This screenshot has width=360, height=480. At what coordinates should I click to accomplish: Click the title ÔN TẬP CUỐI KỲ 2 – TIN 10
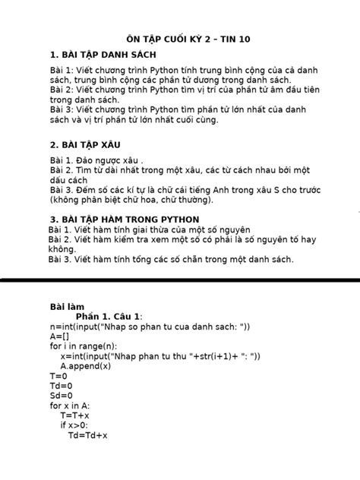pyautogui.click(x=180, y=39)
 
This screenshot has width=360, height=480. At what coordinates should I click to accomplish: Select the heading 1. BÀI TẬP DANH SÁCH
pyautogui.click(x=103, y=55)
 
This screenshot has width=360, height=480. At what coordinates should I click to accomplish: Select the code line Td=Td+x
pyautogui.click(x=88, y=435)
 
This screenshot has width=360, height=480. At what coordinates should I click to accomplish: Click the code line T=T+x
pyautogui.click(x=75, y=415)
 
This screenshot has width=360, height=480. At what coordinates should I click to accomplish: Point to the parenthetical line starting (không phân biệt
pyautogui.click(x=149, y=200)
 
